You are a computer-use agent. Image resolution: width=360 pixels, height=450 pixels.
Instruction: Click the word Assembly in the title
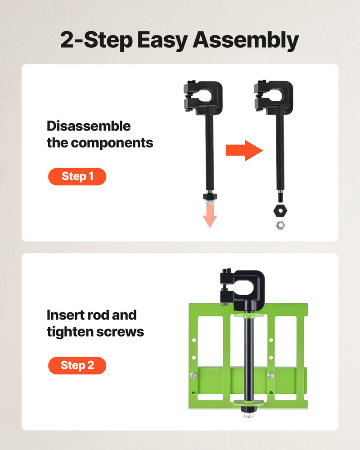[246, 41]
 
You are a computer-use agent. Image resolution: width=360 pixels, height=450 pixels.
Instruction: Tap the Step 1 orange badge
[77, 176]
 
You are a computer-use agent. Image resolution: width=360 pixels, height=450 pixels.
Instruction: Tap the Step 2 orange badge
[77, 365]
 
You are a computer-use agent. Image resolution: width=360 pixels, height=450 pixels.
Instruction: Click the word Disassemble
[89, 126]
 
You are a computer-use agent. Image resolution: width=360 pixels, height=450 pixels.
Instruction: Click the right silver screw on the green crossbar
[270, 375]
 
